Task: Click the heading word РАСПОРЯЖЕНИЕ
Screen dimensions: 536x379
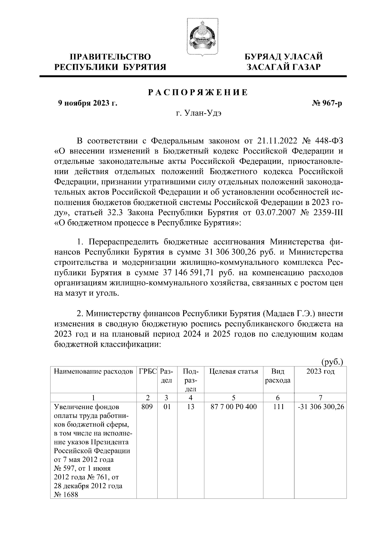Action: click(198, 92)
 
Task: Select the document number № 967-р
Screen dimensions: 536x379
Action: click(327, 103)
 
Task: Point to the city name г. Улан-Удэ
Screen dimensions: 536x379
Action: click(199, 113)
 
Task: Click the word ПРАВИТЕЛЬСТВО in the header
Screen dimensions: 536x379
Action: click(110, 57)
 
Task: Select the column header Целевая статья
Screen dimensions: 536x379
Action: click(234, 372)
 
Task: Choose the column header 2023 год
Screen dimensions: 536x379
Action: click(320, 372)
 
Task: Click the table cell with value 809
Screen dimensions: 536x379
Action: click(147, 407)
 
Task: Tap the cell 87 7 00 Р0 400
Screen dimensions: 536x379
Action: click(234, 407)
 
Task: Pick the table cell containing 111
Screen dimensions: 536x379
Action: click(278, 407)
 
